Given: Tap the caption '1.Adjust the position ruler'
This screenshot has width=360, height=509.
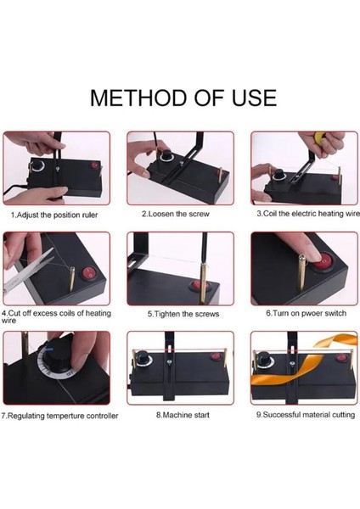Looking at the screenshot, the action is click(54, 215).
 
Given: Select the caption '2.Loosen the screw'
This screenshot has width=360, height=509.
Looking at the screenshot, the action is click(176, 214).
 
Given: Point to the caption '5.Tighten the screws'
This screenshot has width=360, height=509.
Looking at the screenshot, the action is click(183, 314).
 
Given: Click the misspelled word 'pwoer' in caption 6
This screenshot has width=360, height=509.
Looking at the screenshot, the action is click(312, 314).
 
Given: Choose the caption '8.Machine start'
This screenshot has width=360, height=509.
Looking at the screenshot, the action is click(183, 415).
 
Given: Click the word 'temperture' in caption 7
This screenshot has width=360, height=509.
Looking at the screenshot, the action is click(66, 417).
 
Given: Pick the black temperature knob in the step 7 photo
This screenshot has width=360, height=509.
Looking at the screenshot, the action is click(59, 353).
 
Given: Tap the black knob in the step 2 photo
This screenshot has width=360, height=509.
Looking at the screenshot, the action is click(166, 155).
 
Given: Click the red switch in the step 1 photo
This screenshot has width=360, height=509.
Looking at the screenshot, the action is click(94, 165).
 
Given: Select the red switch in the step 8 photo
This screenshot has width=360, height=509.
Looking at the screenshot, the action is click(215, 356).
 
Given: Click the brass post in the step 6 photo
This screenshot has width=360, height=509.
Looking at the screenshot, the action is click(301, 272).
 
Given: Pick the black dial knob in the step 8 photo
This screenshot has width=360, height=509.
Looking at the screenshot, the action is click(142, 357).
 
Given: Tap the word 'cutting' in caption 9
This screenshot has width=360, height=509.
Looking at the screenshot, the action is click(343, 415).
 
